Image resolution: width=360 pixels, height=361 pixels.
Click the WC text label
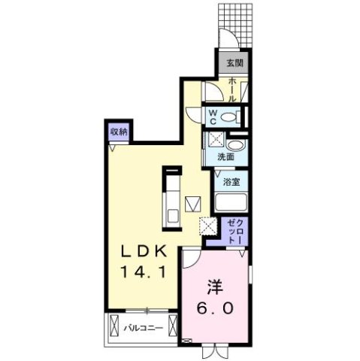213,117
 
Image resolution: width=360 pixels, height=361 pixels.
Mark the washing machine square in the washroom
215,139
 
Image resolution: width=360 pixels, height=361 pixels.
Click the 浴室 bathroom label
231,181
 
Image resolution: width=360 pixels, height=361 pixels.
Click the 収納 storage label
119,132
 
